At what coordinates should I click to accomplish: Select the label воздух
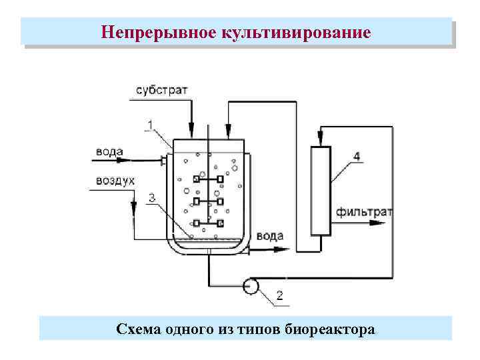point(115,181)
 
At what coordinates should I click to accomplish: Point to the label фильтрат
point(364,213)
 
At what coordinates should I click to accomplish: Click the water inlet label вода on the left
point(109,151)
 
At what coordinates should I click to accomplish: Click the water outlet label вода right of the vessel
point(270,236)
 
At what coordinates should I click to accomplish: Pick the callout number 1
point(150,124)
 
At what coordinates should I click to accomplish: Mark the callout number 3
point(153,197)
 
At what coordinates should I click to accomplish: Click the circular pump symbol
point(251,286)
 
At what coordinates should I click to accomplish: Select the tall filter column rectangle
point(321,190)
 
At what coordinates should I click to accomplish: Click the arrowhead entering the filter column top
point(321,141)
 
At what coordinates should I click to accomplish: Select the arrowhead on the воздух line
point(133,208)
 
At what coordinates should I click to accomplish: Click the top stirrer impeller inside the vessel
point(208,179)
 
